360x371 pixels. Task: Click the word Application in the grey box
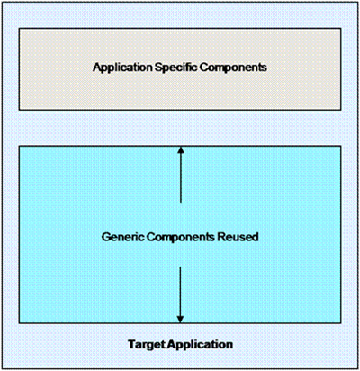[x=122, y=68]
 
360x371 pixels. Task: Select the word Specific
[x=176, y=68]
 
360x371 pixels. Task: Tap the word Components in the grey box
[x=233, y=68]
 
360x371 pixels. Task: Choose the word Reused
[x=238, y=237]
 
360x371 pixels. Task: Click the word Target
[x=147, y=345]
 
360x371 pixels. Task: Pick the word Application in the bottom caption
[x=200, y=345]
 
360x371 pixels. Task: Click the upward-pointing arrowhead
[x=181, y=149]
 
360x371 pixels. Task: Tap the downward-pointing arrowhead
[x=180, y=319]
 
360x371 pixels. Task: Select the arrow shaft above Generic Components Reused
[x=181, y=178]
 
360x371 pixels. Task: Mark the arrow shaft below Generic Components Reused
[x=180, y=291]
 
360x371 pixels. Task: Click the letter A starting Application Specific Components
[x=97, y=67]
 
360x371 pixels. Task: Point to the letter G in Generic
[x=106, y=237]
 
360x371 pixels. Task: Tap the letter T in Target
[x=131, y=344]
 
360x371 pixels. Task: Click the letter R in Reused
[x=220, y=237]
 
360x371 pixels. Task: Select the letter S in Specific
[x=158, y=68]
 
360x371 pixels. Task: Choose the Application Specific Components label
[x=180, y=68]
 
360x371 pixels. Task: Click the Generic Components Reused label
[x=180, y=237]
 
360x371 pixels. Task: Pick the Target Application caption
[x=181, y=345]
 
